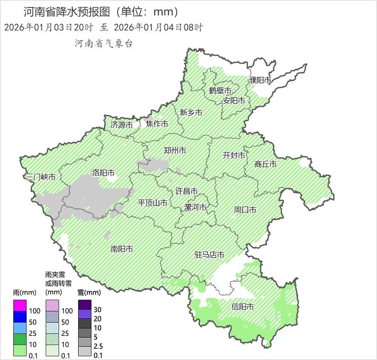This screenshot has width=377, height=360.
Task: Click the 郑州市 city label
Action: pyautogui.click(x=175, y=150)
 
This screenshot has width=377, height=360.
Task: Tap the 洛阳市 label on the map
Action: pyautogui.click(x=103, y=173)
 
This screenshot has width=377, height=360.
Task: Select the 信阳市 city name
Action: pyautogui.click(x=242, y=307)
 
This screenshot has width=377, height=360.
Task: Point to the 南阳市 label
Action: pyautogui.click(x=122, y=249)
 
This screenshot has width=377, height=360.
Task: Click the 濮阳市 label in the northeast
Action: pyautogui.click(x=260, y=80)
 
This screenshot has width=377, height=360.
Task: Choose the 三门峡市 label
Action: pyautogui.click(x=41, y=177)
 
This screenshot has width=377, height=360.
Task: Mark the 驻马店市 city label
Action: pyautogui.click(x=209, y=255)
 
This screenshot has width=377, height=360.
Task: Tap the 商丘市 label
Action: pyautogui.click(x=266, y=165)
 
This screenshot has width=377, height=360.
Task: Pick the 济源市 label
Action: pyautogui.click(x=122, y=125)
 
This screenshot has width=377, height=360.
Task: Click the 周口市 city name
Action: pyautogui.click(x=245, y=210)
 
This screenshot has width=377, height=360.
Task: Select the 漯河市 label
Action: pyautogui.click(x=195, y=207)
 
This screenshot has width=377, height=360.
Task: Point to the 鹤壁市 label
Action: pyautogui.click(x=220, y=91)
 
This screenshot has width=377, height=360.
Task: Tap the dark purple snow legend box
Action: pyautogui.click(x=84, y=305)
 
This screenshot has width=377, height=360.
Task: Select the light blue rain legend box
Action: pyautogui.click(x=20, y=328)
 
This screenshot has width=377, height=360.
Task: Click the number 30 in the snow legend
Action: pyautogui.click(x=98, y=310)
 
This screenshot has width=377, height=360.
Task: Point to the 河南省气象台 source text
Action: pyautogui.click(x=103, y=44)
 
